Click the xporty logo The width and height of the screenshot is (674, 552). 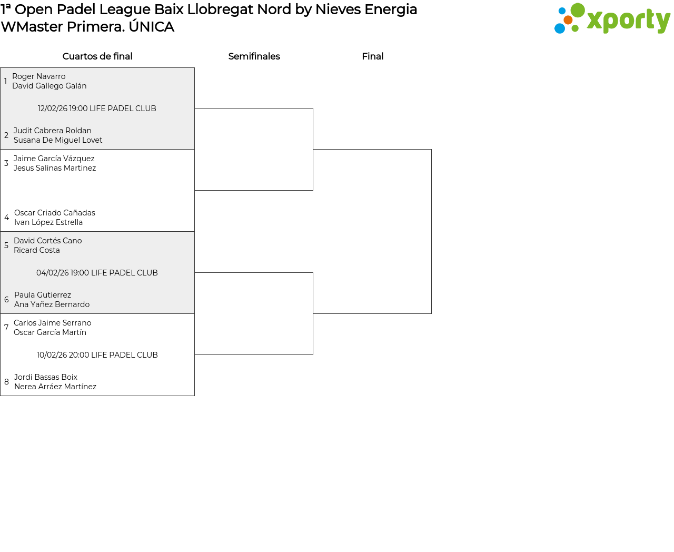(612, 18)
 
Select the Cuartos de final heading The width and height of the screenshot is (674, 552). (97, 56)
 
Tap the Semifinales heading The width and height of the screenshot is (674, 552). (254, 56)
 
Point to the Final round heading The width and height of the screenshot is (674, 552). (372, 56)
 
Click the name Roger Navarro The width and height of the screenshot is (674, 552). (38, 76)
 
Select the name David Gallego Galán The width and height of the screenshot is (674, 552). (49, 86)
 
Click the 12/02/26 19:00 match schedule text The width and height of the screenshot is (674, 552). (97, 109)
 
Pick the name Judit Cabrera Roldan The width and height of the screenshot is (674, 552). (53, 131)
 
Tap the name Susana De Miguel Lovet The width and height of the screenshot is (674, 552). (58, 140)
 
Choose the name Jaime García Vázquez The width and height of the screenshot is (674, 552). (54, 159)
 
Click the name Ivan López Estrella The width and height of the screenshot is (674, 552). (48, 222)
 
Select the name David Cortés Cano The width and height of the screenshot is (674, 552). (47, 241)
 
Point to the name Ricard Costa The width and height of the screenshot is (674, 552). (37, 250)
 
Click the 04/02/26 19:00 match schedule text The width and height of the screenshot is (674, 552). (97, 273)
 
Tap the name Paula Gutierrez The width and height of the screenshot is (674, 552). (43, 294)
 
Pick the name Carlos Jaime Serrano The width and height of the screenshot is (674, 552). (53, 323)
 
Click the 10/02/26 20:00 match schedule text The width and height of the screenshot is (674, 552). (97, 355)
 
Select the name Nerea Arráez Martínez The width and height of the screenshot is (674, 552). (55, 387)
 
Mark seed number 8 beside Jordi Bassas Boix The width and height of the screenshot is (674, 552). (6, 382)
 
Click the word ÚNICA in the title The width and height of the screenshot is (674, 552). (152, 26)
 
